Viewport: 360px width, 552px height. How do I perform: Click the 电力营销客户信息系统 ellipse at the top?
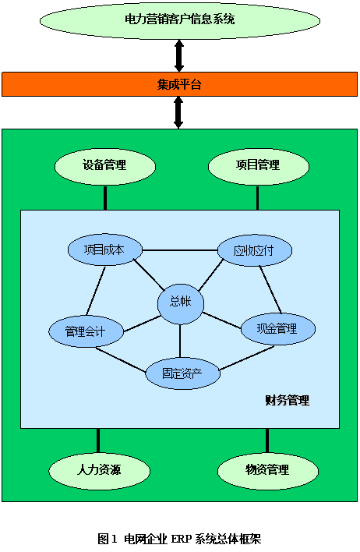point(180,19)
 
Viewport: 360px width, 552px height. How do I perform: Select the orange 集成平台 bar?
point(179,84)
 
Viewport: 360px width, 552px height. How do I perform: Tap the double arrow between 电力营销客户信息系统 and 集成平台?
point(179,55)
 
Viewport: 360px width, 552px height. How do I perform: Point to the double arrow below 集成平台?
point(178,112)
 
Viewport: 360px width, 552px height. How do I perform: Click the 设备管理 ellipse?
point(105,166)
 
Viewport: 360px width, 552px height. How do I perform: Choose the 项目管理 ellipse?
point(259,166)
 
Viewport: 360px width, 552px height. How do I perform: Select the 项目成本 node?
point(105,249)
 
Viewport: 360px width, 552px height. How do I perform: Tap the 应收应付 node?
point(255,250)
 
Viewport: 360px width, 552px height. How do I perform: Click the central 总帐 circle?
point(181,302)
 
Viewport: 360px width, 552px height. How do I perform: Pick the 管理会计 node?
point(86,331)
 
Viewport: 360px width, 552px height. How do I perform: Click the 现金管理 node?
point(278,329)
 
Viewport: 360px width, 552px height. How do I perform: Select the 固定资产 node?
point(182,373)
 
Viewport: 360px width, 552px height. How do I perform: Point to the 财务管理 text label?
point(288,400)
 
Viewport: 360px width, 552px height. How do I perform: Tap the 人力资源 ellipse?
point(99,470)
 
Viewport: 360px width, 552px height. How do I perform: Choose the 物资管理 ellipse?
point(268,470)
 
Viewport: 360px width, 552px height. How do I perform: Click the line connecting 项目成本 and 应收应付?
point(180,250)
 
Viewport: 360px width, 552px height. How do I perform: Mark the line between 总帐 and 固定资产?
point(180,341)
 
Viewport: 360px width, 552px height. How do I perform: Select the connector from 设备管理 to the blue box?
point(105,197)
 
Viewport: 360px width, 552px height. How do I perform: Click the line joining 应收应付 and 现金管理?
point(270,290)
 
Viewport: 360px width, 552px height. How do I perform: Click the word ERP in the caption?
point(182,539)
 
